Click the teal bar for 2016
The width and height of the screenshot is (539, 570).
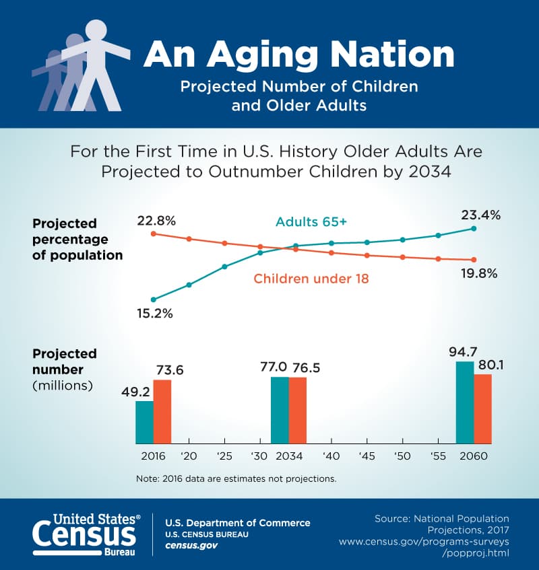pos(144,422)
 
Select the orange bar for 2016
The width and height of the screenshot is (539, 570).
pos(162,411)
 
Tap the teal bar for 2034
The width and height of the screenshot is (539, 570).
pos(280,410)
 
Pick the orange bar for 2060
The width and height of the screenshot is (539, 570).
pos(482,408)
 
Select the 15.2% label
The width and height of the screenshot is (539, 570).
pos(154,313)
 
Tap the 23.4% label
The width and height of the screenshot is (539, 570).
pos(480,215)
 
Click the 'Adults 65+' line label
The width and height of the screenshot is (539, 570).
pos(310,221)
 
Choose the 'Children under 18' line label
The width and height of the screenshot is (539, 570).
pos(311,278)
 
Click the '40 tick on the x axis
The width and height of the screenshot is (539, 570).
pos(331,456)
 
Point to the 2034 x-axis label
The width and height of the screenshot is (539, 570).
pos(288,456)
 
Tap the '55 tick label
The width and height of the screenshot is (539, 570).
pos(438,456)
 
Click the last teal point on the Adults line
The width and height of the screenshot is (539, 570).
pos(474,229)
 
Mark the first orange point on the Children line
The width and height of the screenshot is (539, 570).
pos(154,234)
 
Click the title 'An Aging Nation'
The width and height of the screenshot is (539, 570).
pos(298,55)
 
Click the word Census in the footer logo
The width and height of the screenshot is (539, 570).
pos(85,534)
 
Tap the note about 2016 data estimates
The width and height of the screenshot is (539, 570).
pos(236,479)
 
